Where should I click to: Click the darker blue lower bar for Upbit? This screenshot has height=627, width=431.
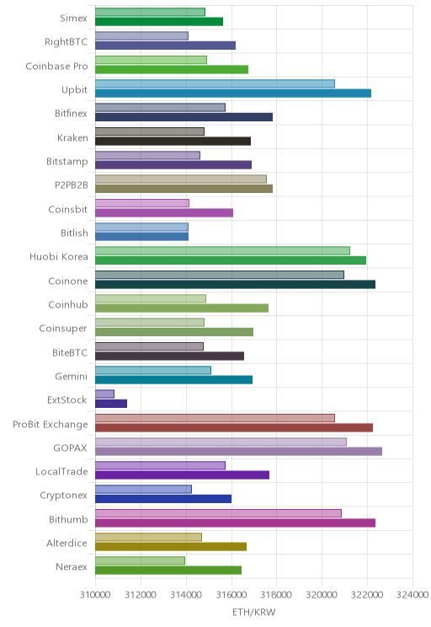tap(233, 94)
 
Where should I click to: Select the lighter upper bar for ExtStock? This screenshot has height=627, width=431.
tap(104, 394)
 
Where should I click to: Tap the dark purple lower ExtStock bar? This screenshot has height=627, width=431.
tap(111, 404)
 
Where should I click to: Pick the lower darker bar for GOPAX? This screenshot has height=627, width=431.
tap(238, 451)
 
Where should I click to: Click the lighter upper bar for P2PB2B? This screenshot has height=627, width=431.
tap(181, 180)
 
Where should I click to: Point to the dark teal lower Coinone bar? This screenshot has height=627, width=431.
tap(235, 284)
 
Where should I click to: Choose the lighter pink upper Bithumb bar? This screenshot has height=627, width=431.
tap(219, 513)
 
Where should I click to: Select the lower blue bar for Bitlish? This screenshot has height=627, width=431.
tap(141, 237)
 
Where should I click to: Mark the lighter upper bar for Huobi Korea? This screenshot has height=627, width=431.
tap(222, 251)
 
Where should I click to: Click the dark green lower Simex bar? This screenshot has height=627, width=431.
tap(159, 22)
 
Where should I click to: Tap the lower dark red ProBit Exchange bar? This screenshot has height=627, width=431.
tap(234, 427)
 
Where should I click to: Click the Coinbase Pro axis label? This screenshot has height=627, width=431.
tap(56, 66)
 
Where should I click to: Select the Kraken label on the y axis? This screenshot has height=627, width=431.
tap(72, 137)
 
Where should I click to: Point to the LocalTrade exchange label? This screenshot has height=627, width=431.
tap(61, 471)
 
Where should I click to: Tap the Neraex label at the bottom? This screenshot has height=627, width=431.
tap(72, 566)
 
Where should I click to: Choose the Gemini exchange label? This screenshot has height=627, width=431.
tap(71, 376)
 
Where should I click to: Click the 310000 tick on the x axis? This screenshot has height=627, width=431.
tap(95, 595)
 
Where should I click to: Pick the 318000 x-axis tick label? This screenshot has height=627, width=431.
tap(276, 595)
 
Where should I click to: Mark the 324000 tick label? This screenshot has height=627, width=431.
tap(412, 595)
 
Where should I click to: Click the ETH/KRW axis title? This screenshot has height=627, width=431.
tap(254, 612)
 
